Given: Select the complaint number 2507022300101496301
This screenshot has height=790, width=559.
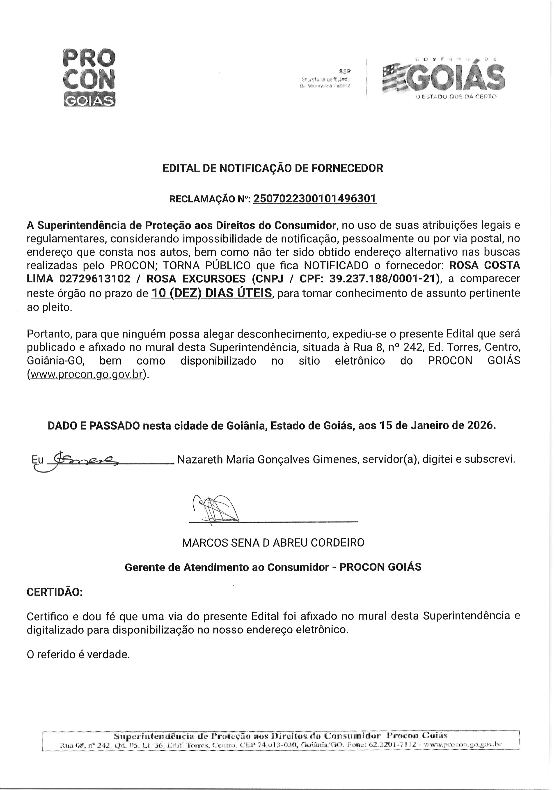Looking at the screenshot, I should click(315, 199).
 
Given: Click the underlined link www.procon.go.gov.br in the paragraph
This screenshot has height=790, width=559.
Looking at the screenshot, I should click(86, 374).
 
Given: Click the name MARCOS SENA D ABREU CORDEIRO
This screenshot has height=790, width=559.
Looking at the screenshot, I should click(273, 543).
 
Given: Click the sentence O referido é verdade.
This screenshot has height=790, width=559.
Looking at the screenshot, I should click(78, 654).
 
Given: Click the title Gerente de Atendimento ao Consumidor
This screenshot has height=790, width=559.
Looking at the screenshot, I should click(227, 567).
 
